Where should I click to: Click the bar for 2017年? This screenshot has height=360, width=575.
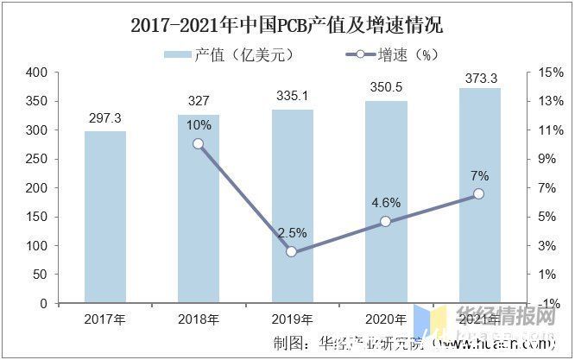tap(105, 218)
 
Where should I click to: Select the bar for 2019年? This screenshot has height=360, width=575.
tap(292, 206)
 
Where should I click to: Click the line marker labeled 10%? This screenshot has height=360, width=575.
tap(199, 144)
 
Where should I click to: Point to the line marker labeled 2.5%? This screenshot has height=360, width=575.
tap(292, 252)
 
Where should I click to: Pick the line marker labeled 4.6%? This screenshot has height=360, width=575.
tap(385, 222)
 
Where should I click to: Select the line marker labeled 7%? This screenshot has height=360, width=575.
tap(479, 194)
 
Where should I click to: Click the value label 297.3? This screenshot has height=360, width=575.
tap(105, 117)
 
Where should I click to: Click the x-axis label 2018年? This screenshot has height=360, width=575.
tap(199, 320)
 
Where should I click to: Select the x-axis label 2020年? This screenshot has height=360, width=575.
tap(385, 320)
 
